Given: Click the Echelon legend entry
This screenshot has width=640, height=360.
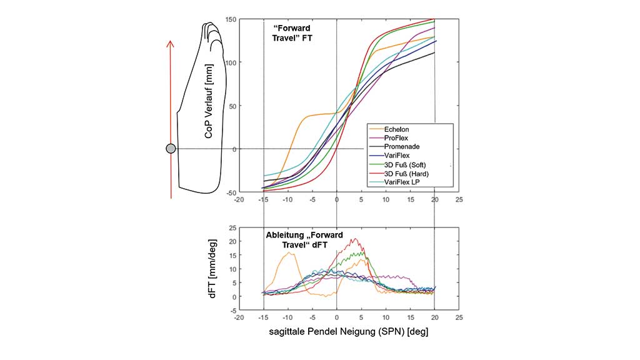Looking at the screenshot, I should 396,129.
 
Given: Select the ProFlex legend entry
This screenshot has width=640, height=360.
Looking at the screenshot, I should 396,138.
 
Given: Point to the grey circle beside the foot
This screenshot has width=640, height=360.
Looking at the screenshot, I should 171,149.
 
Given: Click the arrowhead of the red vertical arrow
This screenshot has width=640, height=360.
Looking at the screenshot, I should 170,43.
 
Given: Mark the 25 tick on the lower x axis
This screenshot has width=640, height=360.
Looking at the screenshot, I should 459,317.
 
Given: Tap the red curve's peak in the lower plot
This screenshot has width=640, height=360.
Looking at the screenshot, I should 354,239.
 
